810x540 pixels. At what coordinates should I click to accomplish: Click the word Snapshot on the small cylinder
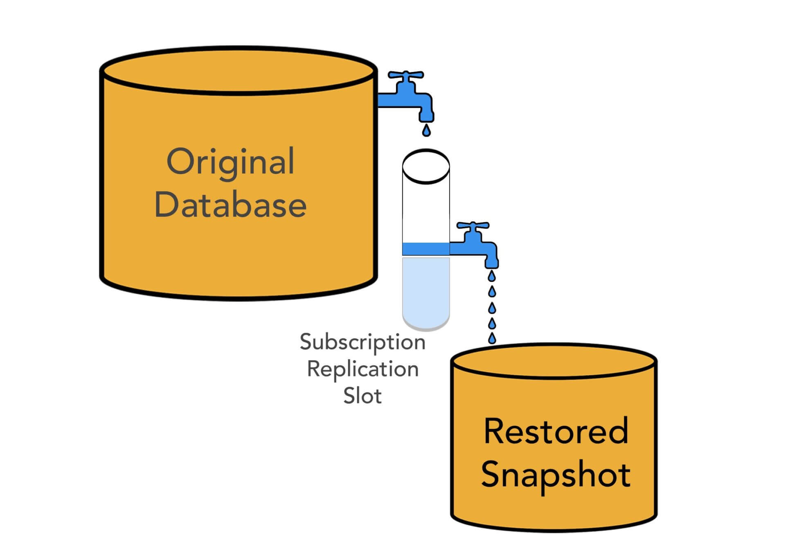556,475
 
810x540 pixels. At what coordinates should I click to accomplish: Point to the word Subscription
362,342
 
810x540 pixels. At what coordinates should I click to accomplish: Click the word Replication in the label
362,369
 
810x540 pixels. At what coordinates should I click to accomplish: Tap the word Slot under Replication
362,396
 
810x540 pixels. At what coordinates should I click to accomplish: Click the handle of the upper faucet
405,75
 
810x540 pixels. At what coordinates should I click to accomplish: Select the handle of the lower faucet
473,225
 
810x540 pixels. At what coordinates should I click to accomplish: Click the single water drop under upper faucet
426,130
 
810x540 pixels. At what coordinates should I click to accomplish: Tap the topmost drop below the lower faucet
492,277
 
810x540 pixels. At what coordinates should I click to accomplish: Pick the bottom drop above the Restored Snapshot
492,338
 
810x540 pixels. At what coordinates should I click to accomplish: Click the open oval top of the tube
426,166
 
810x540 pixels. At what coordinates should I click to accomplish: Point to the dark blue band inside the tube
426,249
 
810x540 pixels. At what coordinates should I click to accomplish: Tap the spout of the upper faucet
426,115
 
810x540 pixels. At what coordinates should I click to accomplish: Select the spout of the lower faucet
492,262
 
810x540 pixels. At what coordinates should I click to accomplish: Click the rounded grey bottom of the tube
426,326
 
